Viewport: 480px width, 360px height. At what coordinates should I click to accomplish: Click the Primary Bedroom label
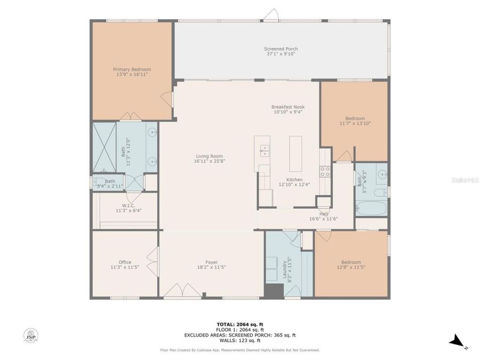(x=132, y=69)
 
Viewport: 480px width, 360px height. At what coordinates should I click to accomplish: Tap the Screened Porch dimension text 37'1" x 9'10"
(x=281, y=54)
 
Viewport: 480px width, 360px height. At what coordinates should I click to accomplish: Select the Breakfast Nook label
(x=289, y=107)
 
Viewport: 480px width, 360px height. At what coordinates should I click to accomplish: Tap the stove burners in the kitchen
(x=324, y=171)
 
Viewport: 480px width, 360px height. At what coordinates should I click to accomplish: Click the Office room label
(x=125, y=262)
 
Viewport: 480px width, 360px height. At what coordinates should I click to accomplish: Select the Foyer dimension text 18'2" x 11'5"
(x=212, y=267)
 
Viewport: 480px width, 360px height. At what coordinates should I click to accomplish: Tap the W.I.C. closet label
(x=128, y=205)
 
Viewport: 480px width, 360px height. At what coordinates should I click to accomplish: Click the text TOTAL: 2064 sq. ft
(x=240, y=324)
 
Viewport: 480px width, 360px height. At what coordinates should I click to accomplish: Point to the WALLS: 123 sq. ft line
(x=240, y=340)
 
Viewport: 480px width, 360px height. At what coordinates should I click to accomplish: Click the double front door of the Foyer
(x=182, y=291)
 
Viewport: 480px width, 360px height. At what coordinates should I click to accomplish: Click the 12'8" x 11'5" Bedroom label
(x=351, y=262)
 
